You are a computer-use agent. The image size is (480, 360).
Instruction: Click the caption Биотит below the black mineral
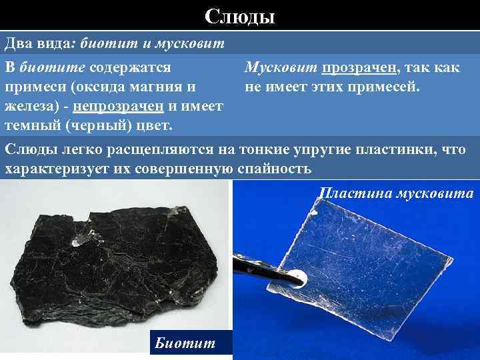pyautogui.click(x=185, y=343)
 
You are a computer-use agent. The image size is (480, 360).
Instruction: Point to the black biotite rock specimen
pyautogui.click(x=113, y=260)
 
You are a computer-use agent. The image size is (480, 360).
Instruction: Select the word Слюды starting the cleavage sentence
pyautogui.click(x=29, y=151)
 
